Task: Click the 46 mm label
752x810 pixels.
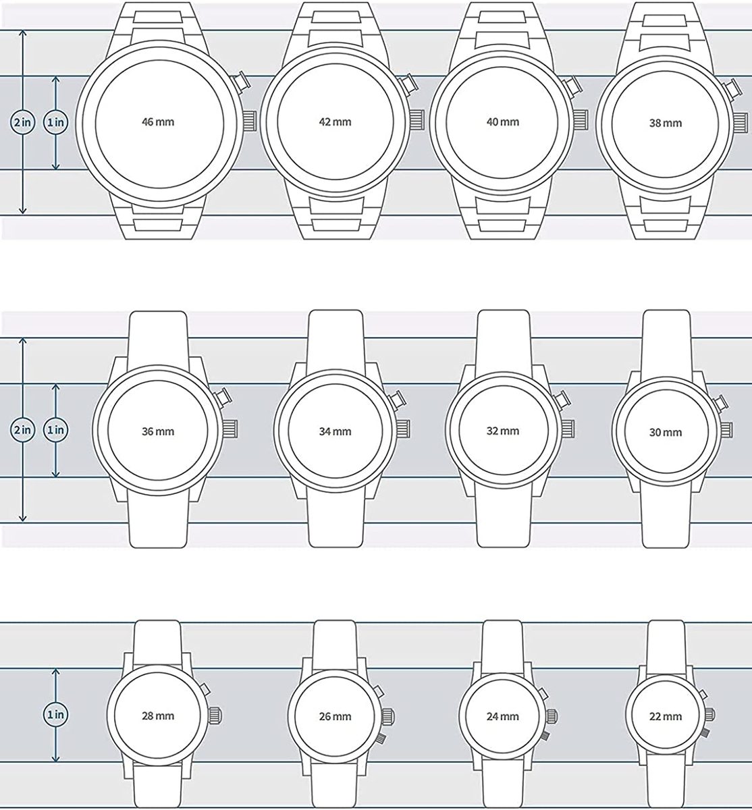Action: coord(158,122)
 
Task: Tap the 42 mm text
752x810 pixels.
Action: coord(335,122)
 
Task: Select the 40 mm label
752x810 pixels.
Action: coord(503,122)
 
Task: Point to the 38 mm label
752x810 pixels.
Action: coord(666,123)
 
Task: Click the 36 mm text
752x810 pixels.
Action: coord(158,431)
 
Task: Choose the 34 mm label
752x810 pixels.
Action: coord(335,431)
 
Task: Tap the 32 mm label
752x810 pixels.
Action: coord(503,431)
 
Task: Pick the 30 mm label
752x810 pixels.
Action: coord(666,432)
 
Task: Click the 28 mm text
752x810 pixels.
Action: coord(158,716)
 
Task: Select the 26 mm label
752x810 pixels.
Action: coord(335,717)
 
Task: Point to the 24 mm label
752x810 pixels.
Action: coord(503,717)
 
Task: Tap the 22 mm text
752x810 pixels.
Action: coord(666,717)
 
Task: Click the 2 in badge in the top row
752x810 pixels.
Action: coord(23,122)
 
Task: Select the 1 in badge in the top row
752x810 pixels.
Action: coord(56,122)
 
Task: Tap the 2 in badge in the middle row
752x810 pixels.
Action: coord(23,430)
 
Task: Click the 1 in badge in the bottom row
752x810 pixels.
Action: coord(56,715)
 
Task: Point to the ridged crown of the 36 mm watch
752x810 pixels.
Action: coord(230,429)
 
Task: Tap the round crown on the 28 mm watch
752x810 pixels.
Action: coord(215,715)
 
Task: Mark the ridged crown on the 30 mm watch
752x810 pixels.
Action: coord(726,429)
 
